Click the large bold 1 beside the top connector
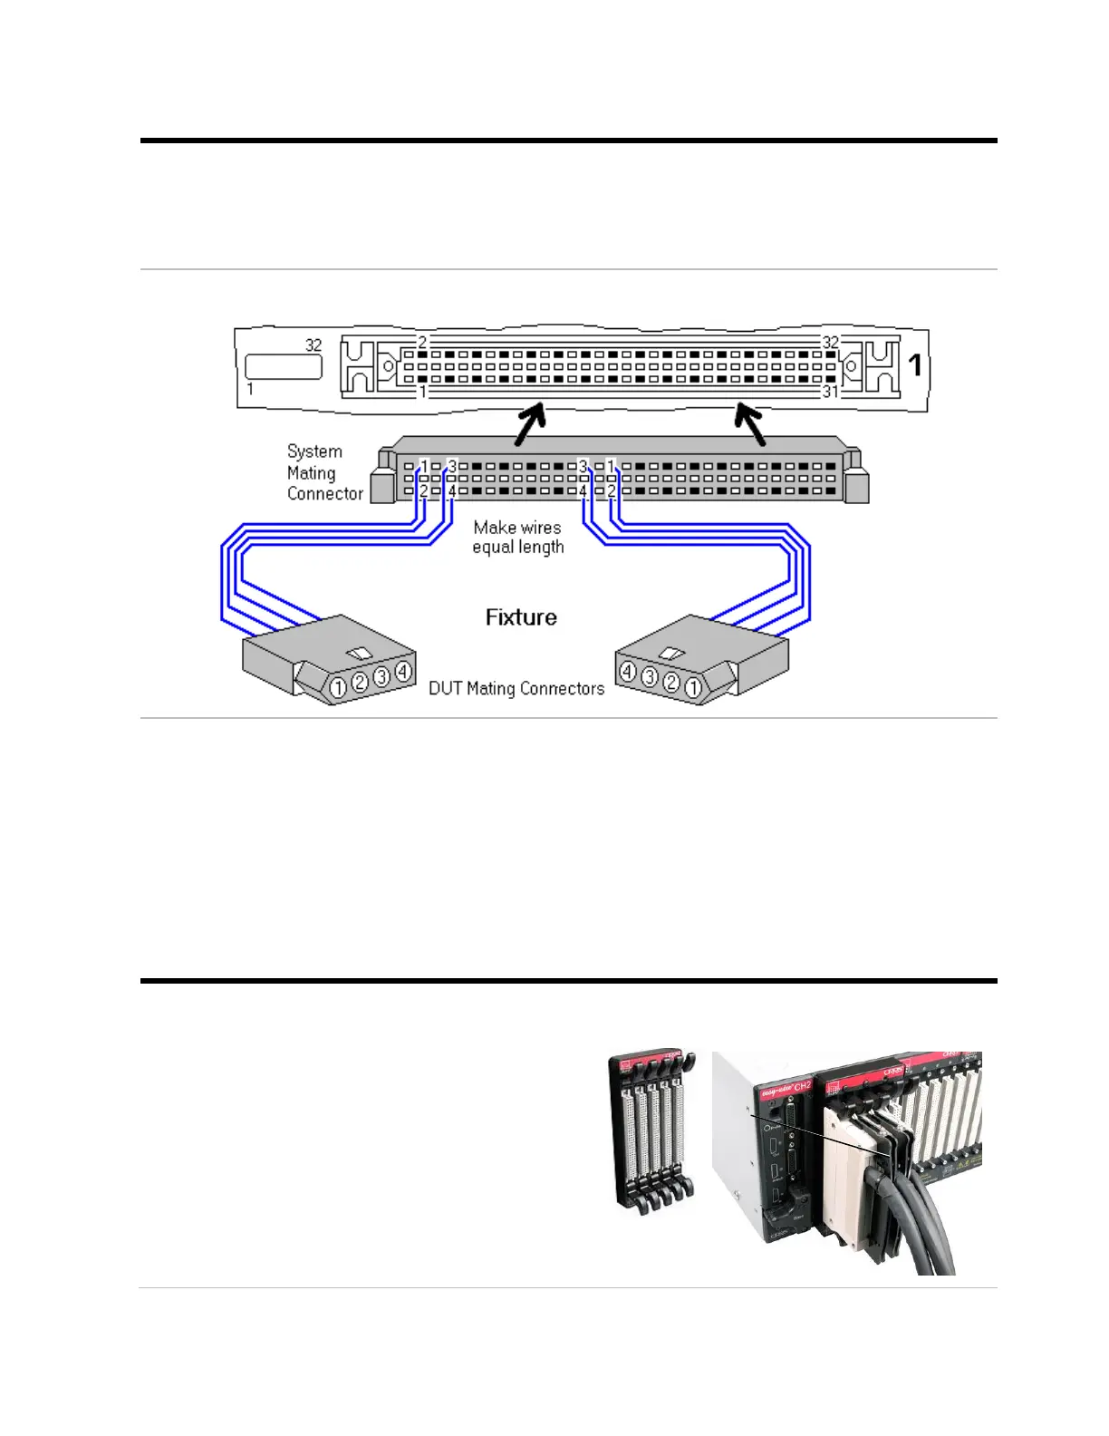click(915, 364)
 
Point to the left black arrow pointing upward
click(529, 424)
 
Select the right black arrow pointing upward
click(750, 424)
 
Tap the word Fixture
click(521, 617)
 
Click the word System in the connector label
click(314, 451)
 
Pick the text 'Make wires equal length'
click(517, 537)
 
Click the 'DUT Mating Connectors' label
click(516, 688)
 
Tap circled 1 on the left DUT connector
click(337, 688)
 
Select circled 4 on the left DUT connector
click(403, 672)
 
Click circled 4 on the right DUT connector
click(627, 672)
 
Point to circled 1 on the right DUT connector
click(693, 688)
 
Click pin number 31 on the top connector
click(830, 392)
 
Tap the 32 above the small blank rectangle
click(313, 345)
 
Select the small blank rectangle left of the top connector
click(284, 366)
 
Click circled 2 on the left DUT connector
click(360, 682)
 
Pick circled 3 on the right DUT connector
click(650, 677)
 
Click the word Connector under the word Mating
click(324, 493)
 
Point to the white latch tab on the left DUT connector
click(360, 654)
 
